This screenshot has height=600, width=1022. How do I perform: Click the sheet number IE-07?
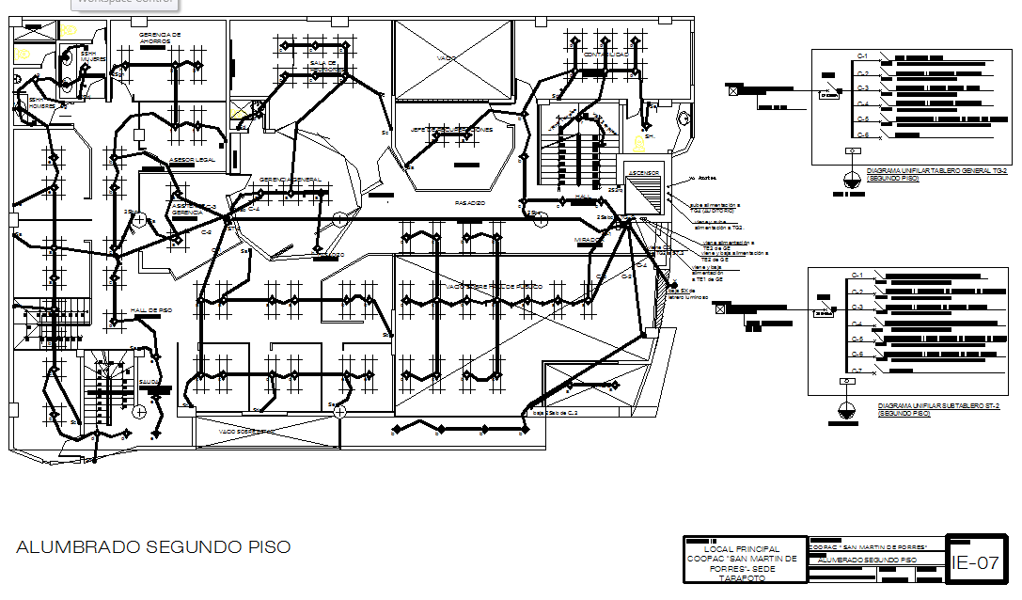click(x=974, y=563)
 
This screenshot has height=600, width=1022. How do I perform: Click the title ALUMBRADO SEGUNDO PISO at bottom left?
click(x=153, y=546)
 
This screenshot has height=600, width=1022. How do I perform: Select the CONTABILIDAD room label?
click(x=605, y=55)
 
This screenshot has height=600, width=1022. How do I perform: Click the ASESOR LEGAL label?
click(x=193, y=160)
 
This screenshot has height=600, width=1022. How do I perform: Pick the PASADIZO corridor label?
click(x=469, y=202)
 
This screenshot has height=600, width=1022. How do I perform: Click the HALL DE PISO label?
click(x=151, y=309)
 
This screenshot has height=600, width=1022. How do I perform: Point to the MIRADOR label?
click(x=588, y=240)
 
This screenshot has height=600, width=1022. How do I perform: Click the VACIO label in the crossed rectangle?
click(x=447, y=58)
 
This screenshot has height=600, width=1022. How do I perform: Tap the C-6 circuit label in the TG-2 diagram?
click(x=861, y=134)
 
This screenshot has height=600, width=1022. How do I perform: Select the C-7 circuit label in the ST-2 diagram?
click(x=857, y=371)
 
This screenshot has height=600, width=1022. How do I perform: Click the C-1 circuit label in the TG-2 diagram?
click(x=861, y=55)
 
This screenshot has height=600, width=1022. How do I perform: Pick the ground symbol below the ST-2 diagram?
click(x=846, y=410)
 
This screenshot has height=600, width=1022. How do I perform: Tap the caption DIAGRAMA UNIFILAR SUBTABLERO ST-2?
click(x=931, y=410)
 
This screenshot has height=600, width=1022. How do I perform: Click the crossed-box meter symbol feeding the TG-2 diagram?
click(x=732, y=89)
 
